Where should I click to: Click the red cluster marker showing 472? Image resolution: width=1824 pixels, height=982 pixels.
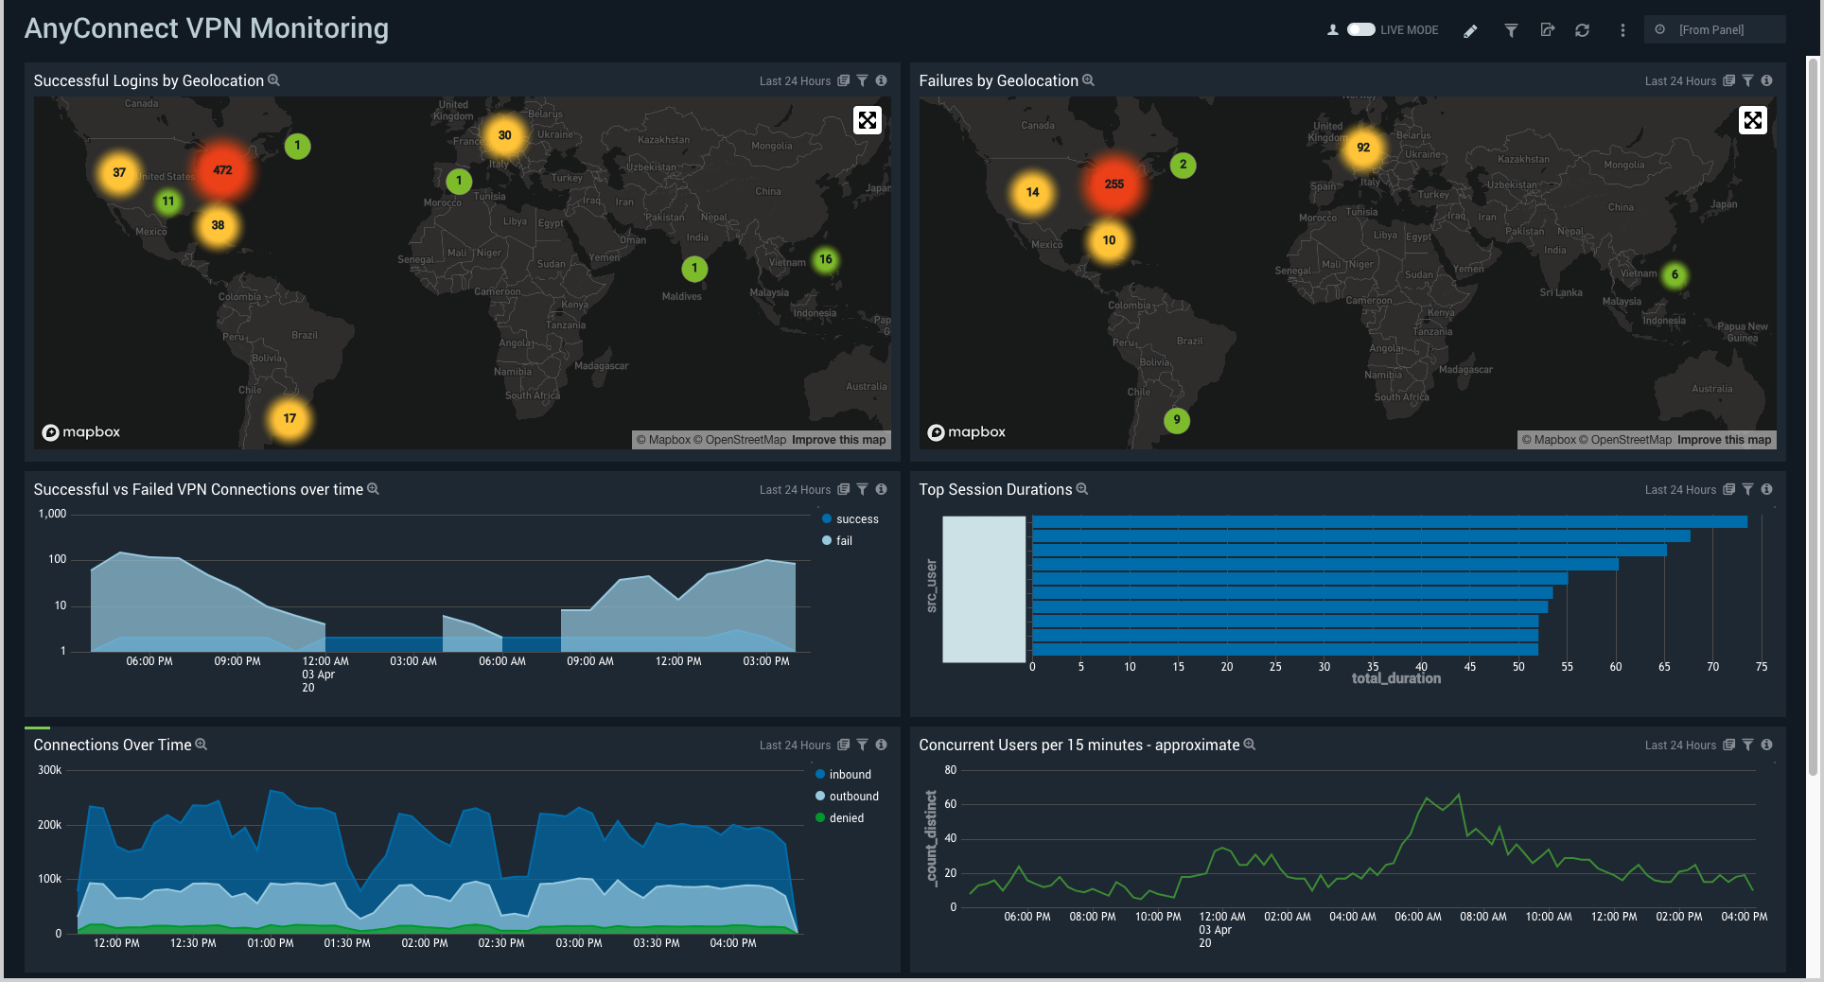point(222,171)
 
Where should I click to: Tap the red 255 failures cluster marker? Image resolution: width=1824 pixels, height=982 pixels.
point(1114,184)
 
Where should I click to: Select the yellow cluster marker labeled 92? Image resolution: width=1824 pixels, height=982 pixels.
point(1363,148)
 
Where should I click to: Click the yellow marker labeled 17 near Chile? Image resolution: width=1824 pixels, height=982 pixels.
point(289,418)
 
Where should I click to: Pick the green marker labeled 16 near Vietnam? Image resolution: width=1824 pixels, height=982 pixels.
point(826,259)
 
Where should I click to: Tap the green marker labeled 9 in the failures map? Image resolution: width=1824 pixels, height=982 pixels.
point(1177,420)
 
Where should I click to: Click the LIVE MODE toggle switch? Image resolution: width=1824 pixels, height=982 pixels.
point(1360,29)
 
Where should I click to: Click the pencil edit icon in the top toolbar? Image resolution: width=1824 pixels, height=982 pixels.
point(1470,30)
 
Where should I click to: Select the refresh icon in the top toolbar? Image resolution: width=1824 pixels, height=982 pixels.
point(1582,30)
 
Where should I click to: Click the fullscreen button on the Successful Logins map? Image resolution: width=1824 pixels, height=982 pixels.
point(868,120)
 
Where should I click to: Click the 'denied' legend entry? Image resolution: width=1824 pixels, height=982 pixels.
point(846,818)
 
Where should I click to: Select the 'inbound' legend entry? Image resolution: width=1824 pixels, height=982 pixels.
point(850,775)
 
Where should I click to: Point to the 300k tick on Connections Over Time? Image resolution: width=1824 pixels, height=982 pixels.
point(49,770)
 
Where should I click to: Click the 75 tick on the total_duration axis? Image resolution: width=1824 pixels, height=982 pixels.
point(1762,667)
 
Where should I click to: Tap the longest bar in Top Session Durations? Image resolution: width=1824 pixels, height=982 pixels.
point(1389,522)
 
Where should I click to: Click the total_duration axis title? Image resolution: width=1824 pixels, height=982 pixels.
point(1396,678)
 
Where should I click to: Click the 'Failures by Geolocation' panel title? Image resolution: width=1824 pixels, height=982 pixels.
point(998,81)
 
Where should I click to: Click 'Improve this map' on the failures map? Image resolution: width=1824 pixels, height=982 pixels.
point(1724,440)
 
